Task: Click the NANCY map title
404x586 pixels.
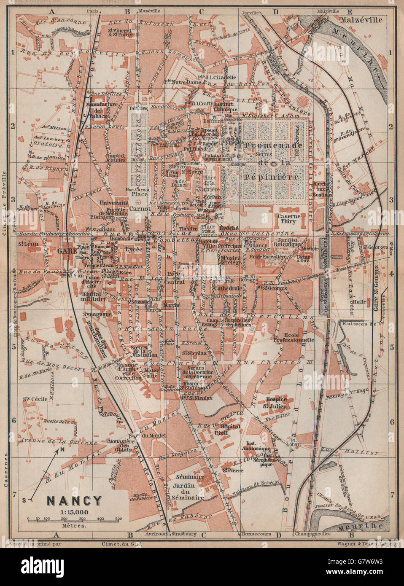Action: pyautogui.click(x=74, y=500)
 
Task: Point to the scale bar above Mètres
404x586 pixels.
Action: pyautogui.click(x=74, y=519)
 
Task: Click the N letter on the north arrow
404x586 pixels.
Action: pyautogui.click(x=62, y=449)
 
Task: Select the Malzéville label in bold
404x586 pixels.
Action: pyautogui.click(x=363, y=20)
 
